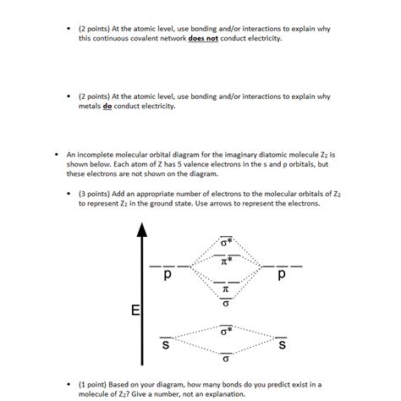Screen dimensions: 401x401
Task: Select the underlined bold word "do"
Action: pyautogui.click(x=108, y=107)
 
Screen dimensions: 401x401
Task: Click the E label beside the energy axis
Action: pyautogui.click(x=135, y=312)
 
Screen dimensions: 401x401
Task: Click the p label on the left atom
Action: pyautogui.click(x=168, y=277)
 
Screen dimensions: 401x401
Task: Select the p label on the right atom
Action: pyautogui.click(x=281, y=277)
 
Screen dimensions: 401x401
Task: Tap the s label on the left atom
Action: pyautogui.click(x=167, y=345)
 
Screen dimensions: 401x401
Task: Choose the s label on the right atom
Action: pyautogui.click(x=282, y=345)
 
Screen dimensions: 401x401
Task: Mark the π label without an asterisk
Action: pyautogui.click(x=224, y=290)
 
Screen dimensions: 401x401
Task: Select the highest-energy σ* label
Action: pyautogui.click(x=225, y=244)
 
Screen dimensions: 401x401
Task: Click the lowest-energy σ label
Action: pyautogui.click(x=225, y=359)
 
